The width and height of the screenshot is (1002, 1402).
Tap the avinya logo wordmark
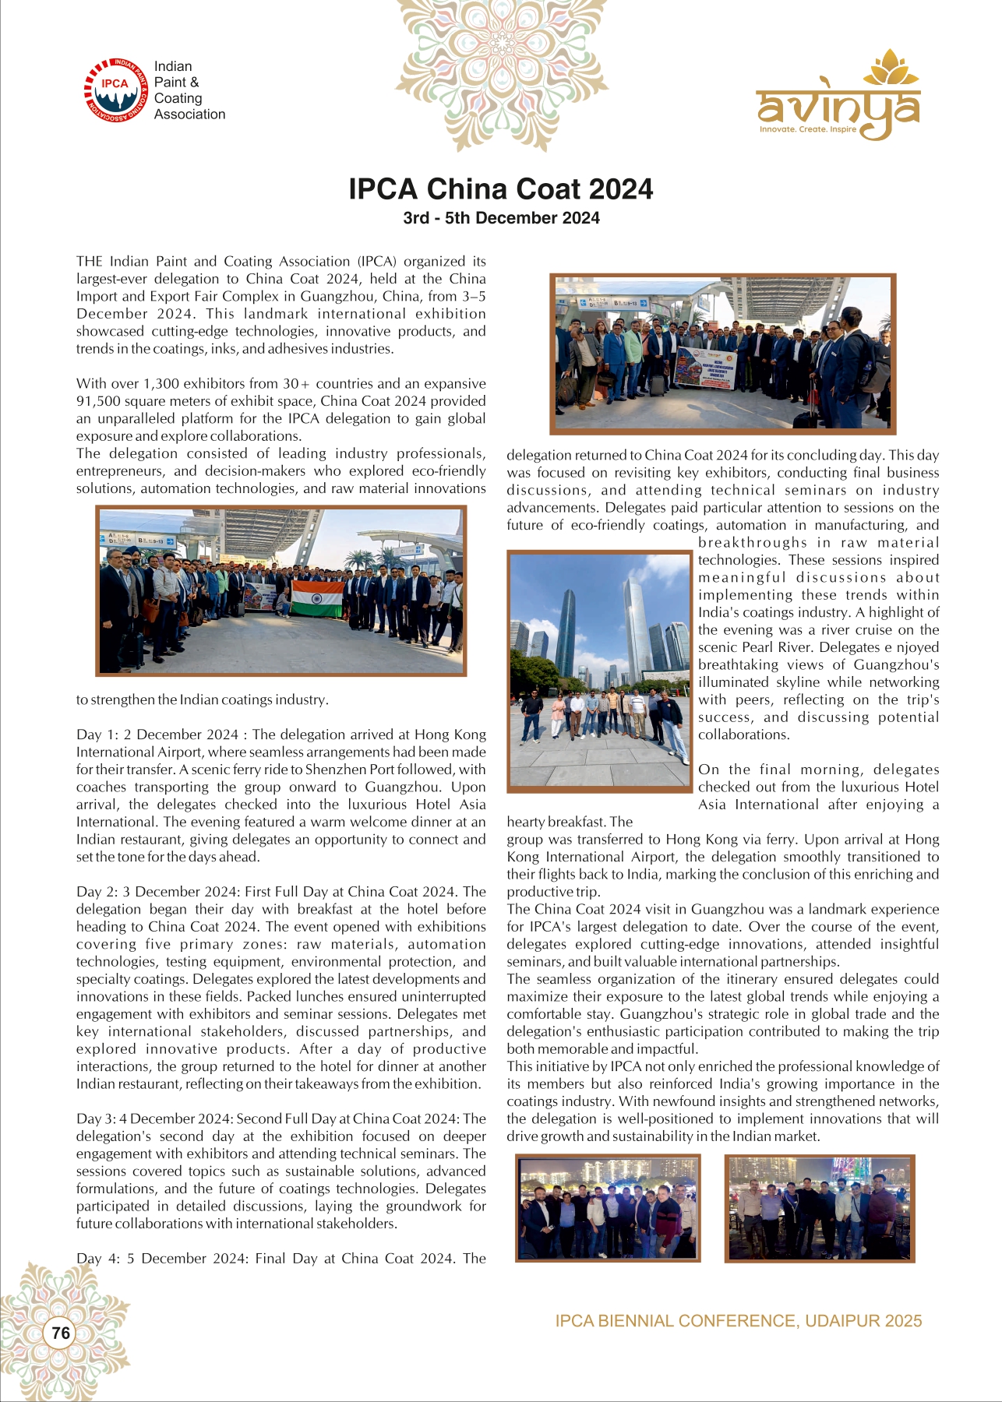tap(838, 108)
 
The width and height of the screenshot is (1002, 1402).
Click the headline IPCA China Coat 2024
tap(500, 189)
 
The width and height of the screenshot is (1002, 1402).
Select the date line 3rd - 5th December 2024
tap(501, 218)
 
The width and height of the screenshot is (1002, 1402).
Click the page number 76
tap(61, 1333)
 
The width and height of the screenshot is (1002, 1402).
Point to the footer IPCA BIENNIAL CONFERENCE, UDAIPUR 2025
tap(738, 1321)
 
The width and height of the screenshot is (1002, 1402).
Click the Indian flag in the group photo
tap(317, 598)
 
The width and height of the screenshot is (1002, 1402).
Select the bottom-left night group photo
tap(608, 1207)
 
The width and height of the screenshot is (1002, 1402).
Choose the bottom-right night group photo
tap(820, 1207)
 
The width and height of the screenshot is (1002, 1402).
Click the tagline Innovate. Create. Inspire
tap(808, 129)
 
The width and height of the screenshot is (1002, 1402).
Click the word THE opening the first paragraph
tap(90, 261)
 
